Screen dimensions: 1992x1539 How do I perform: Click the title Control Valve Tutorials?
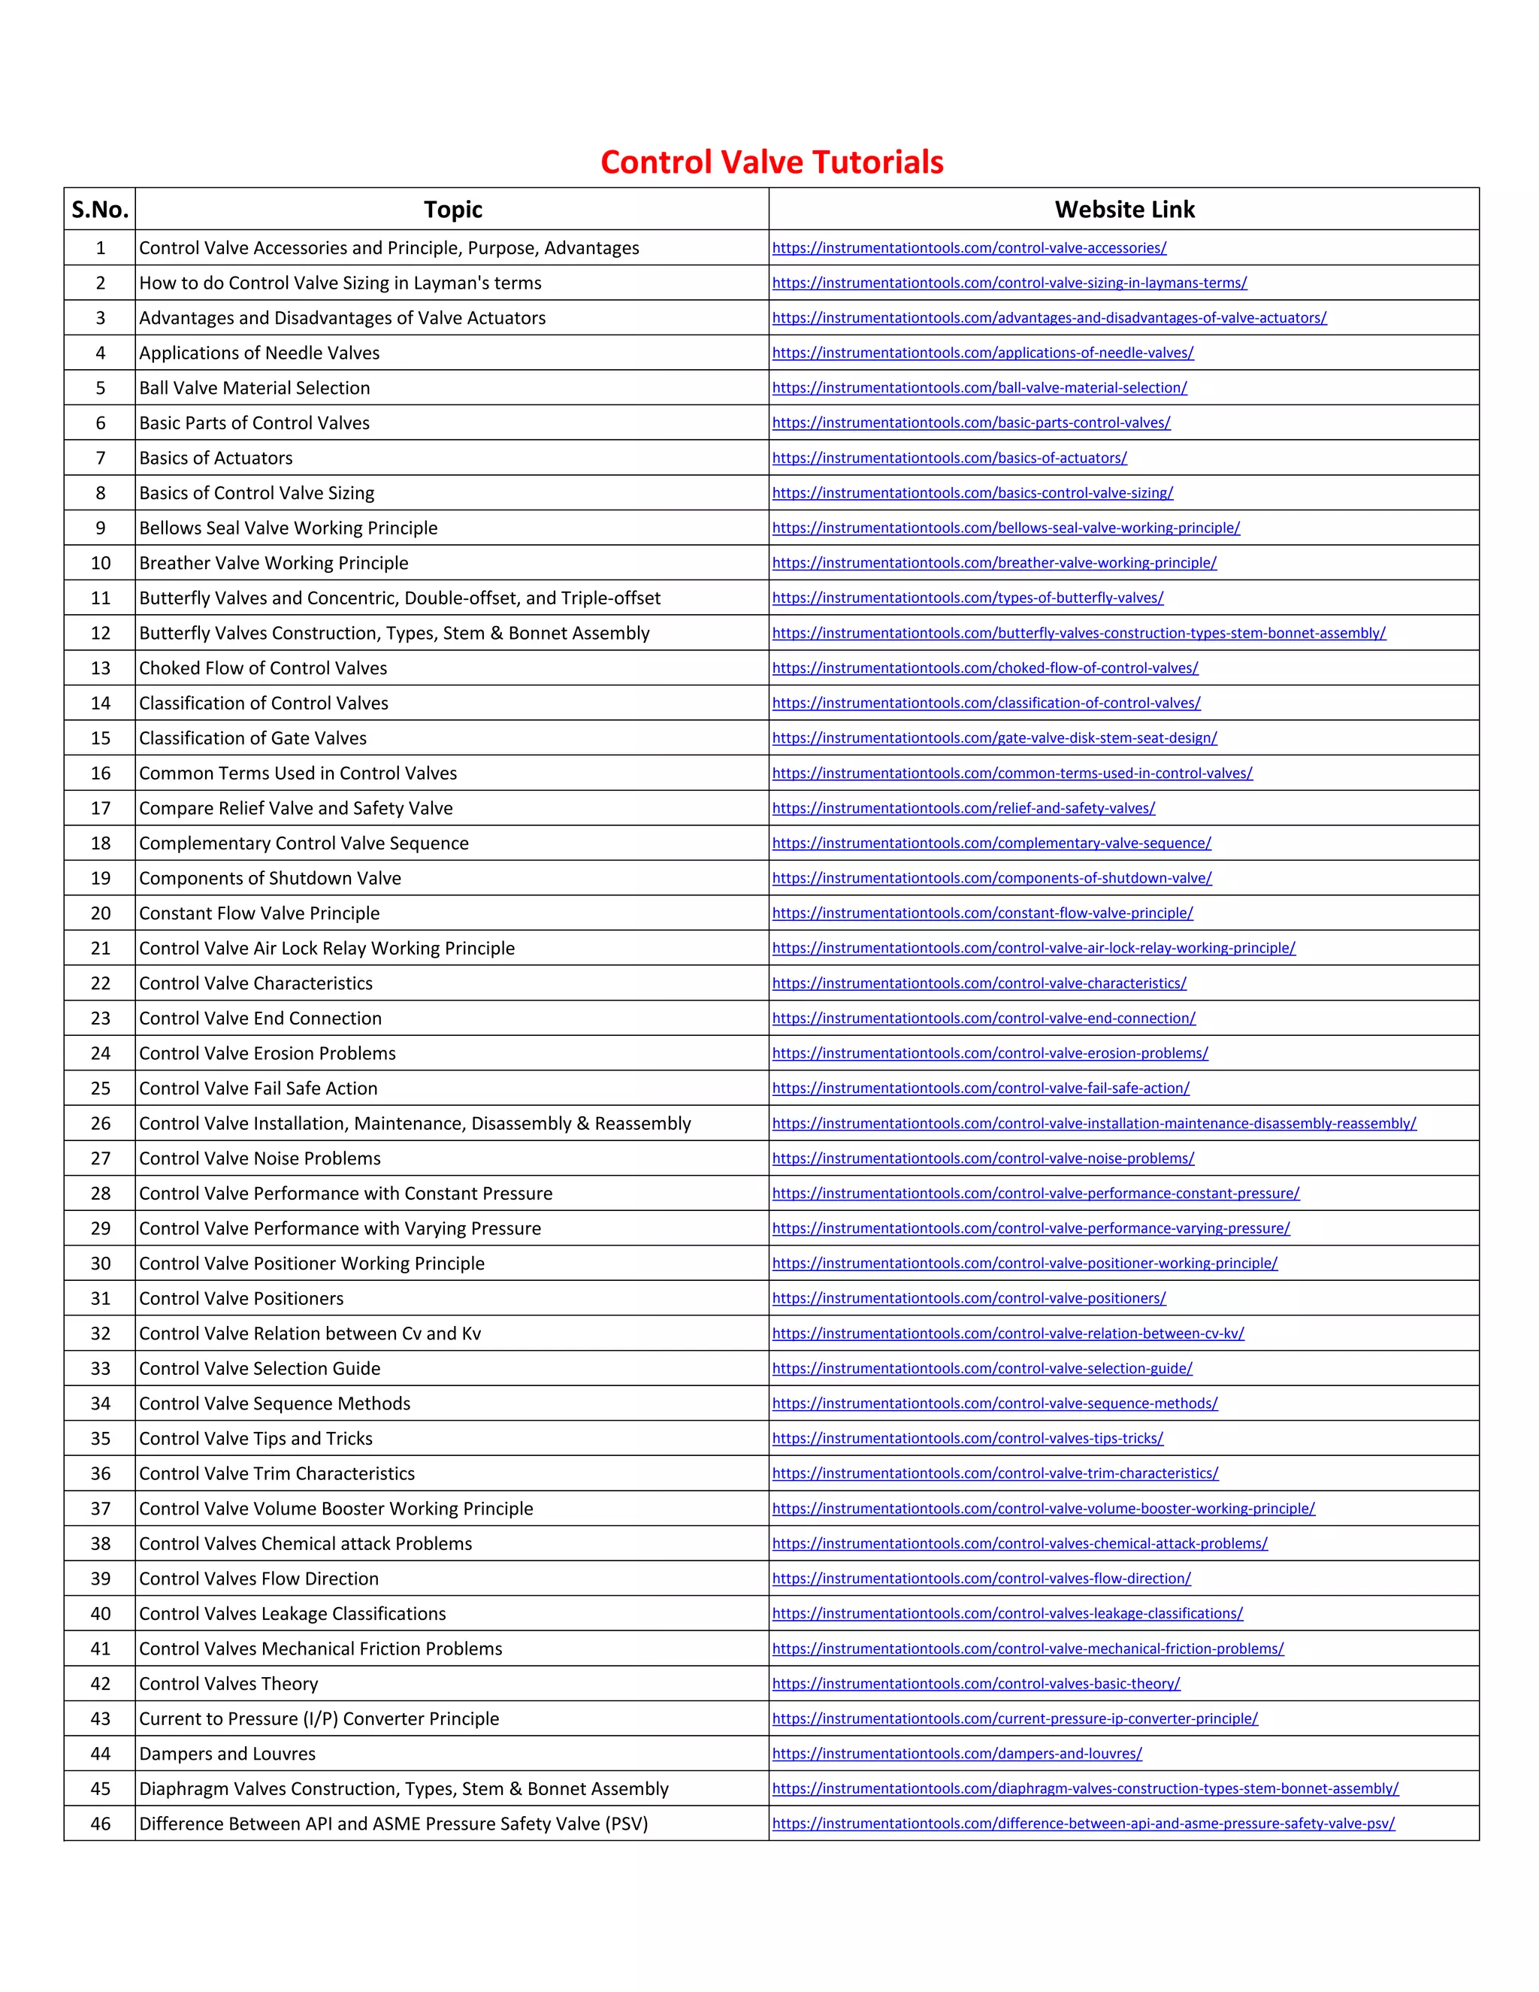[x=771, y=162]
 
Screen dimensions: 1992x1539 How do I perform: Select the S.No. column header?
[x=100, y=210]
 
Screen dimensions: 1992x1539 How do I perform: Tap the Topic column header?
[x=452, y=210]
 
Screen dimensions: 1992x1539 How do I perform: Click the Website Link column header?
[x=1124, y=210]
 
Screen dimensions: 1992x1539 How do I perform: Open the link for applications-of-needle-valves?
[x=982, y=353]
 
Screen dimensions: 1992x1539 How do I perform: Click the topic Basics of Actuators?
[x=216, y=458]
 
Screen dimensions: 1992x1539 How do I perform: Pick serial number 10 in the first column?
[x=100, y=563]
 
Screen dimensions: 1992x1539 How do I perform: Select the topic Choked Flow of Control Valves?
[x=262, y=668]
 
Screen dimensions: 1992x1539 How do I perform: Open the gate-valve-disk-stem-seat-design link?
[x=993, y=738]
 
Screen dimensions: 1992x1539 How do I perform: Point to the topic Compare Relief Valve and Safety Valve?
[x=295, y=808]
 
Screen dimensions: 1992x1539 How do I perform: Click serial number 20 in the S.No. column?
[x=100, y=913]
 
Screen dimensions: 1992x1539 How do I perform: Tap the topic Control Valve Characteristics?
[x=255, y=983]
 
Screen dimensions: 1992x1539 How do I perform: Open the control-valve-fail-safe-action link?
[x=980, y=1088]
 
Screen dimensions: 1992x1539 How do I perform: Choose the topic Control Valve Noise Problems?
[x=260, y=1158]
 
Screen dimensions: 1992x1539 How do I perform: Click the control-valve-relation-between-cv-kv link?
[x=1008, y=1334]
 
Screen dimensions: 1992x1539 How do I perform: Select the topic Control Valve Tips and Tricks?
[x=255, y=1438]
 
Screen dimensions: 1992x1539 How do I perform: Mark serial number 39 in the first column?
[x=100, y=1579]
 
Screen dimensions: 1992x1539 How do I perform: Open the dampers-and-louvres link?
[x=957, y=1754]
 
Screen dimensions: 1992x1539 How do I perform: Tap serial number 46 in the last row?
[x=100, y=1824]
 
